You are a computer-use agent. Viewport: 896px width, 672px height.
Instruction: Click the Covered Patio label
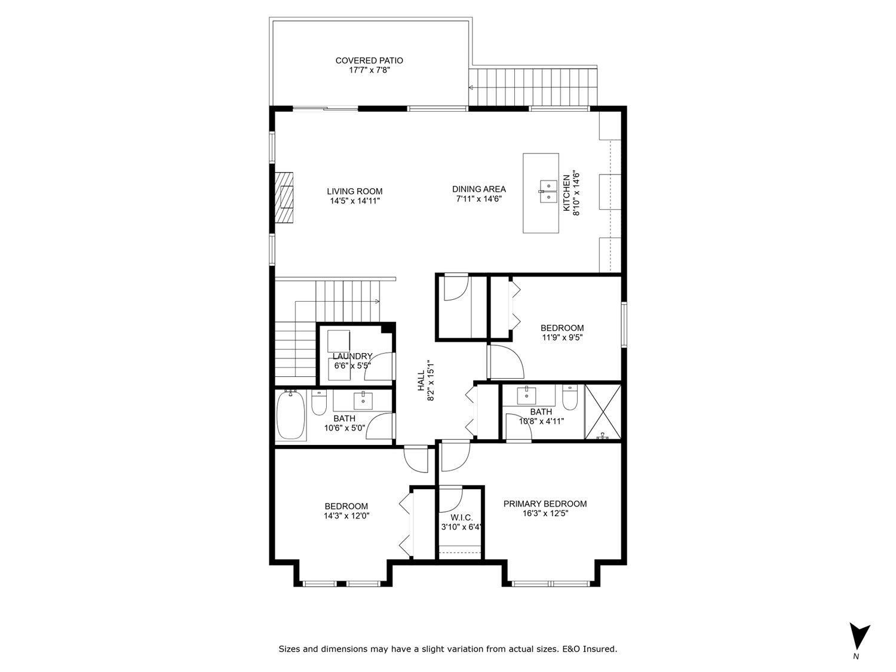369,60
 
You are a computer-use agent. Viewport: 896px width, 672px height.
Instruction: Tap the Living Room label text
354,191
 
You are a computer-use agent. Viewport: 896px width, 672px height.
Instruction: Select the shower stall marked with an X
602,412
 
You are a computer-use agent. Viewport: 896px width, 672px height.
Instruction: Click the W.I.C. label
461,517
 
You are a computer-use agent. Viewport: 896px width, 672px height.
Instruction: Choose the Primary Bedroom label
545,504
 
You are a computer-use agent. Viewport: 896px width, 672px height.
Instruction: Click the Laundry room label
352,356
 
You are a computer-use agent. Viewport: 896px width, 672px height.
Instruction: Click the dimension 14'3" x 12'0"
346,515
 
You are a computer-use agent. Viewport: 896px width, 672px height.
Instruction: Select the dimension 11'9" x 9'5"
561,337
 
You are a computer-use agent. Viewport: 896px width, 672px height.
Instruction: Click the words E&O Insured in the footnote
591,649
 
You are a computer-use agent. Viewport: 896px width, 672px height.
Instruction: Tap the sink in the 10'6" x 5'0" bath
363,399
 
